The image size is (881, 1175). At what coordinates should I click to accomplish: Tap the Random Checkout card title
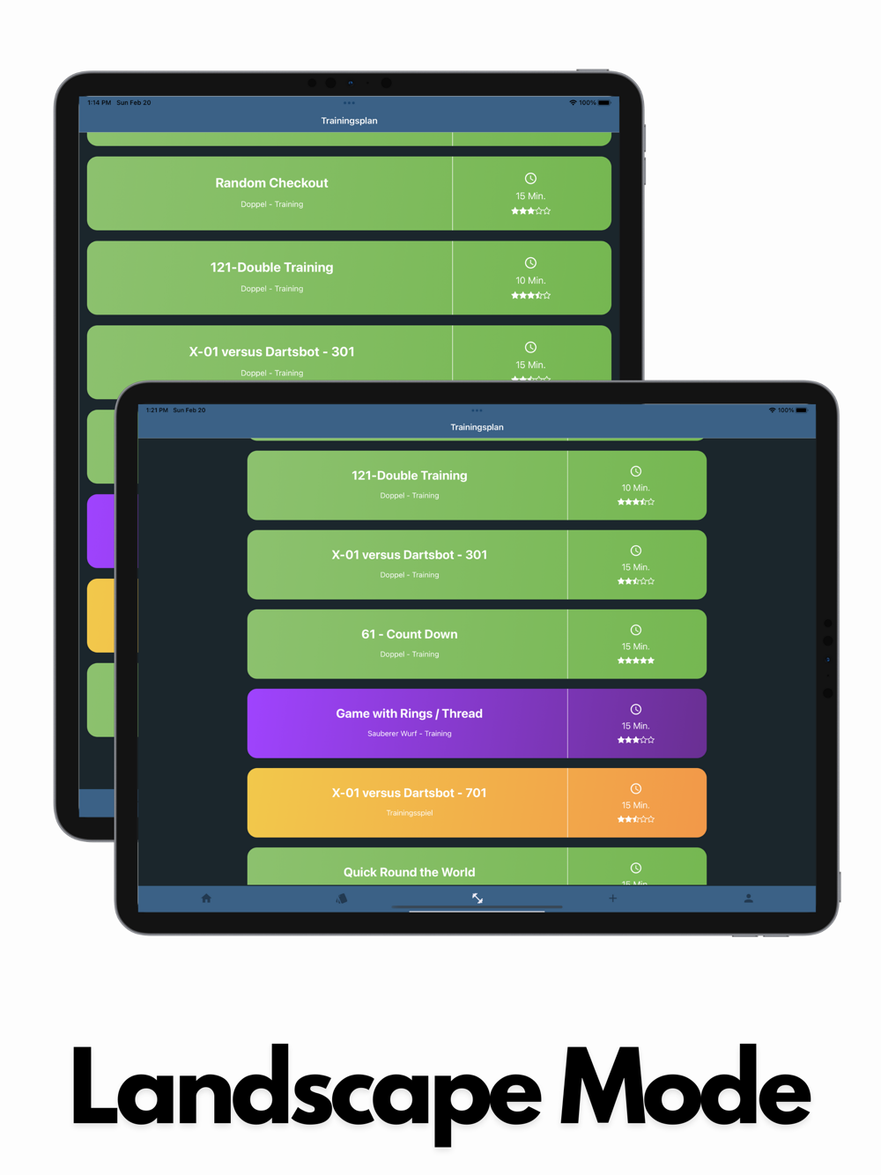(271, 183)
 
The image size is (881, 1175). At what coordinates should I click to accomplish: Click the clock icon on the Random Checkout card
(530, 179)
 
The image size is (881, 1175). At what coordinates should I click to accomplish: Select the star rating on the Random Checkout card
(530, 211)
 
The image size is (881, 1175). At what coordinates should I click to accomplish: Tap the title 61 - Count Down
(409, 634)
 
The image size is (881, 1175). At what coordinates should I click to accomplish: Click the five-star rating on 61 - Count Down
(635, 661)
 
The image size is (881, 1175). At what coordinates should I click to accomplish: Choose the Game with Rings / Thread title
(409, 713)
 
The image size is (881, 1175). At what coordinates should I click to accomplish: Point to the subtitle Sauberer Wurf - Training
(409, 734)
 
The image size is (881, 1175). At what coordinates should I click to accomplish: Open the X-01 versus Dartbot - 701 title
(409, 793)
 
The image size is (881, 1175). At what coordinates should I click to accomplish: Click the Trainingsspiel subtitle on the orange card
(409, 813)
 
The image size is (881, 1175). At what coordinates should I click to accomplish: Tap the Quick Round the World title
(409, 872)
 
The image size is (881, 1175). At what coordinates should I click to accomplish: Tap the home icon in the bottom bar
(206, 898)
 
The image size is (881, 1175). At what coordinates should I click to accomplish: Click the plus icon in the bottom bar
(612, 898)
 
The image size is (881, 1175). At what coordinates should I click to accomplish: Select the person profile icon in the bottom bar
(748, 898)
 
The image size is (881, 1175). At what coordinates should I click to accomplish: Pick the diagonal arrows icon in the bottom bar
(477, 898)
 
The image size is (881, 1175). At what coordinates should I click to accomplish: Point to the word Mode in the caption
(685, 1092)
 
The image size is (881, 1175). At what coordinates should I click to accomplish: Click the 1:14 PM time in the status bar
(99, 103)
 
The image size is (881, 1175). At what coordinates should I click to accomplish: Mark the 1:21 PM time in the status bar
(157, 410)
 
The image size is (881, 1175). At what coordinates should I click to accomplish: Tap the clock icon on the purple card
(635, 710)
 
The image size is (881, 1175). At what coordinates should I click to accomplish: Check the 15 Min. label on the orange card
(635, 805)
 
